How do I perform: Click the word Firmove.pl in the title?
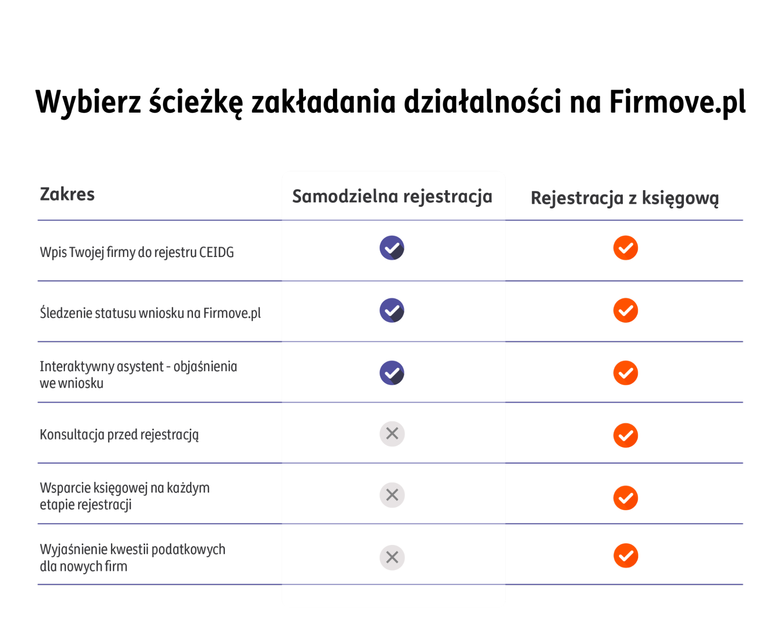click(677, 102)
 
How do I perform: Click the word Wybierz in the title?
click(88, 102)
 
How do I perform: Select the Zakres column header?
click(67, 194)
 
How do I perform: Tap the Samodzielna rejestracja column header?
click(392, 196)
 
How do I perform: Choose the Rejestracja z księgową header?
click(625, 198)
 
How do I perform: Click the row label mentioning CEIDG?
click(137, 252)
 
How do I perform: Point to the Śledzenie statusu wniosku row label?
click(150, 313)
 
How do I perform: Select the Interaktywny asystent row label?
click(138, 374)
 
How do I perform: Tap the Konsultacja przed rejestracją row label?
click(119, 435)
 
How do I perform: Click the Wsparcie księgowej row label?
click(125, 496)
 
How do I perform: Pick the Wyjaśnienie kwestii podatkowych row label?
click(133, 557)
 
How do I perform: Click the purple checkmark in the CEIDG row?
click(392, 248)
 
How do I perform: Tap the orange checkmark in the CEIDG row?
click(626, 248)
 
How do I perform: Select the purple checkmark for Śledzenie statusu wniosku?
click(392, 311)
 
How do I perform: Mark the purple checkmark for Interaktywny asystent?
click(392, 373)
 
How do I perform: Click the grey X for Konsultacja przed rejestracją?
click(392, 433)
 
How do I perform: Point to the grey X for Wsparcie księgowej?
click(392, 495)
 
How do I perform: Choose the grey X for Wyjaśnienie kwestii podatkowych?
click(392, 557)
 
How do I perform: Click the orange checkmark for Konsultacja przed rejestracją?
click(626, 435)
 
